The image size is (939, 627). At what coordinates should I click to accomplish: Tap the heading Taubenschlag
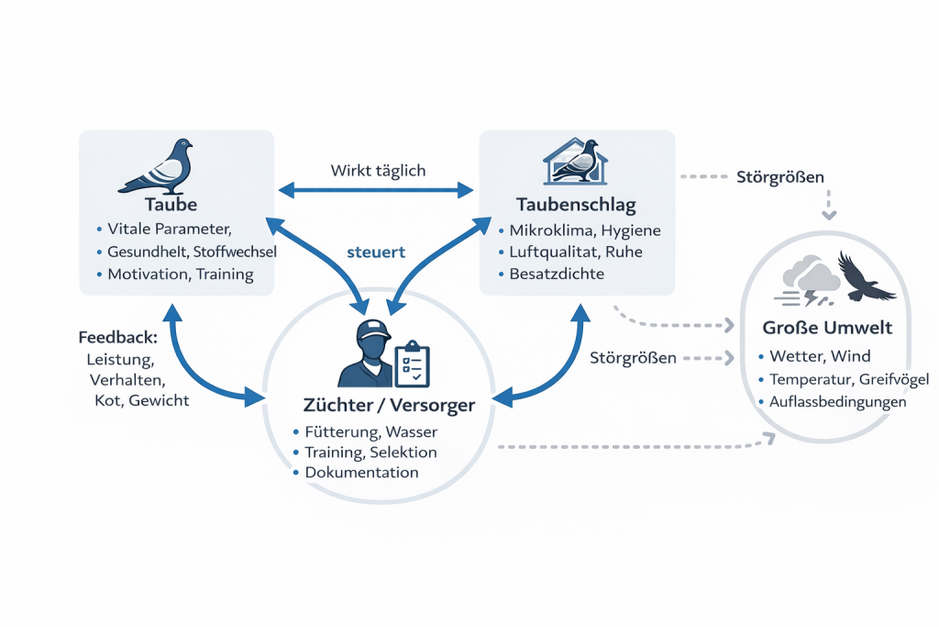coord(578,203)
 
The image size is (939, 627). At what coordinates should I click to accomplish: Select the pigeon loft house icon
coord(572,162)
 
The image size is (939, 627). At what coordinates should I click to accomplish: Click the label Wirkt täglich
coord(378,171)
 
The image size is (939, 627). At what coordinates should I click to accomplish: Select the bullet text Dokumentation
coord(361,473)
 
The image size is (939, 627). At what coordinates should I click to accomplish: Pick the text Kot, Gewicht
coord(142,400)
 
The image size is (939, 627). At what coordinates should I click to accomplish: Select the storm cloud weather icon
coord(807,279)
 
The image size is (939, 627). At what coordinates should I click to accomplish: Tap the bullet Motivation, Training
coord(180,274)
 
